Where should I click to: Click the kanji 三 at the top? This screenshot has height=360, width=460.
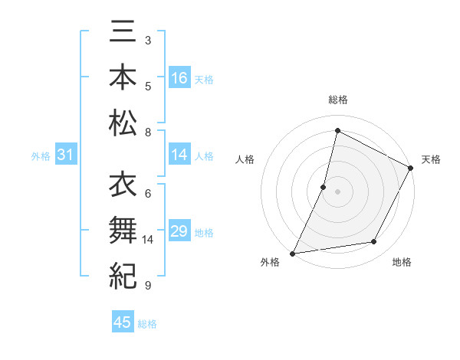(124, 34)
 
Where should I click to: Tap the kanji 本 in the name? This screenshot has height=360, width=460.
(124, 77)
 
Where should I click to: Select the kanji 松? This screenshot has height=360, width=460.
(124, 123)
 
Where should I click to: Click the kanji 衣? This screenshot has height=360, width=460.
(124, 185)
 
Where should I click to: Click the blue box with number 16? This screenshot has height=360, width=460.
(179, 78)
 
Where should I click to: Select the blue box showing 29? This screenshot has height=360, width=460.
(179, 231)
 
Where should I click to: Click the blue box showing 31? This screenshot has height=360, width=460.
(65, 155)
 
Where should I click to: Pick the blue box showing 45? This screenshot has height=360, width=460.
(123, 322)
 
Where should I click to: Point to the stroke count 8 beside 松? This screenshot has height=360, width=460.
(147, 133)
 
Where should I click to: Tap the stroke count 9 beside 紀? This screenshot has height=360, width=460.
(147, 286)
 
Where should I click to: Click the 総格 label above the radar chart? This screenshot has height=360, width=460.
(338, 100)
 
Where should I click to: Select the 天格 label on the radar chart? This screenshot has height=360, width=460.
(431, 159)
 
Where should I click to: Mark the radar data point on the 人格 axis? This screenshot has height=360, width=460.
(324, 187)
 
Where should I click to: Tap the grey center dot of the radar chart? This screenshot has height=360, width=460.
(337, 191)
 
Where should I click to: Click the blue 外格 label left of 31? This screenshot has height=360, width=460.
(41, 156)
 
